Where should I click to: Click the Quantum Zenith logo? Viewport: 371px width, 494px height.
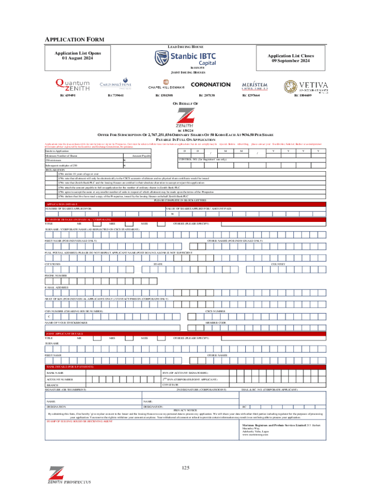coord(72,84)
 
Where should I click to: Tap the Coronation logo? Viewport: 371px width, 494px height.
coord(211,84)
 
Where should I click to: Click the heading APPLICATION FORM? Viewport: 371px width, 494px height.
coord(75,39)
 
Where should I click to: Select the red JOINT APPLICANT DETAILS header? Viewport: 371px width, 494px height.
coord(64,333)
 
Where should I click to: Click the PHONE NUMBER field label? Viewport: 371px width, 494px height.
coord(56,275)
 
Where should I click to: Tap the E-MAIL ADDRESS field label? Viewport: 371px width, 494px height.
coord(56,288)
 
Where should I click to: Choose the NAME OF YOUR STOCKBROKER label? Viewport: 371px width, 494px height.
coord(66,322)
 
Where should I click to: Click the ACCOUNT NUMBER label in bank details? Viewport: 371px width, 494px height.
coord(60,380)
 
